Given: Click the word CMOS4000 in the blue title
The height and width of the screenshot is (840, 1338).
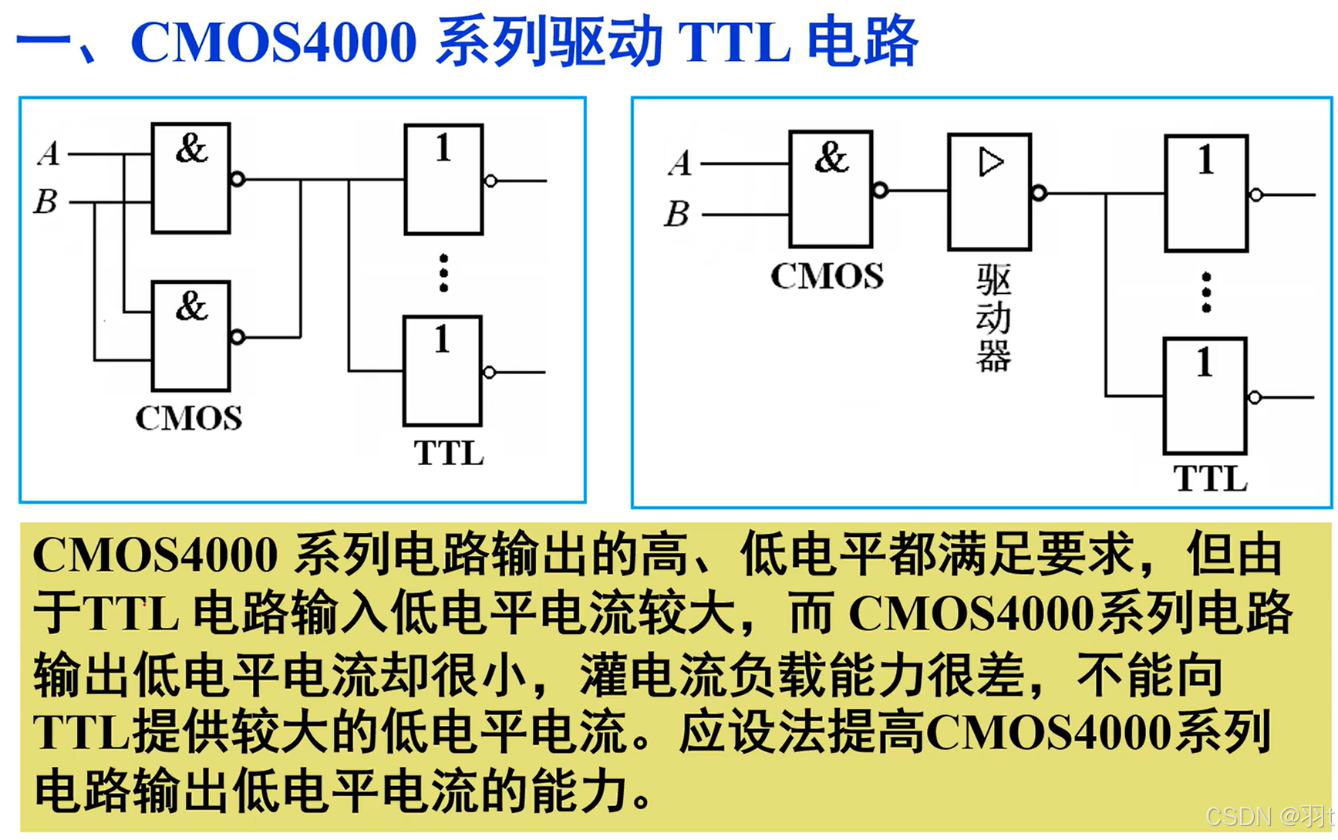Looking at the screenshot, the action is [x=274, y=42].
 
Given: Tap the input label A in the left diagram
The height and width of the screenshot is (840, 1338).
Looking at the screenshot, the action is [x=49, y=153].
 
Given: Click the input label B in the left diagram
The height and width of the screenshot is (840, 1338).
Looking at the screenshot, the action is [x=46, y=201].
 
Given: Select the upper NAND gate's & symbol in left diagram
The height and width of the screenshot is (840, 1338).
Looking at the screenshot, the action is [x=191, y=148].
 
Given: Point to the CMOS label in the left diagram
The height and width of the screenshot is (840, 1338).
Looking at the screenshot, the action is [x=189, y=418].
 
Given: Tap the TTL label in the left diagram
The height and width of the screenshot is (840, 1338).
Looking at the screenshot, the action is [x=449, y=453].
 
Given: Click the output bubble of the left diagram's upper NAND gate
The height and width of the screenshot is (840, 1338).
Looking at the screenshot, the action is [x=238, y=179].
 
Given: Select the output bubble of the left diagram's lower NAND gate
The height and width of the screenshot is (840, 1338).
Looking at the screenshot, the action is [x=238, y=337].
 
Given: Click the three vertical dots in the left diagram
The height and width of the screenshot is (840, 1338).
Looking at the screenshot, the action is [x=443, y=273].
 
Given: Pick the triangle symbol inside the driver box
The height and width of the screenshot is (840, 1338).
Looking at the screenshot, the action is [x=991, y=163].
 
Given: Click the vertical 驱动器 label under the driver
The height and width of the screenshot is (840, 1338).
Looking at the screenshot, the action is [x=993, y=318].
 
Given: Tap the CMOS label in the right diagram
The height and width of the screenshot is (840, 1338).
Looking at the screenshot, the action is [x=827, y=276].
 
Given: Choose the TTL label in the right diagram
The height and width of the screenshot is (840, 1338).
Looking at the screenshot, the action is [x=1210, y=479].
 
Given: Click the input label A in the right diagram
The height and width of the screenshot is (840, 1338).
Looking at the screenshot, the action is [x=680, y=164].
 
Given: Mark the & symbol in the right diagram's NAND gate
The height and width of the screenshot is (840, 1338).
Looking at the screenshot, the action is [x=831, y=158].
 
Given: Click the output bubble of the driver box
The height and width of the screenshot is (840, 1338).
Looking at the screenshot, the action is [x=1039, y=192].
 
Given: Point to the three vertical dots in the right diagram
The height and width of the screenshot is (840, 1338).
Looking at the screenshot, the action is [x=1206, y=292].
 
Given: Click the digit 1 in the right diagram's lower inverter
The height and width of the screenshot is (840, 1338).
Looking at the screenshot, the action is [x=1205, y=363].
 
